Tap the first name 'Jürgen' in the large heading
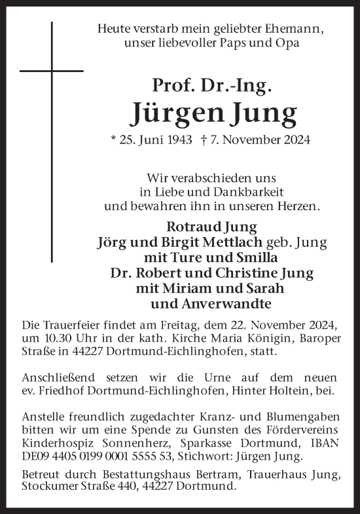tap(170, 113)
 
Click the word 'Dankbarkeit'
tap(249, 192)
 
